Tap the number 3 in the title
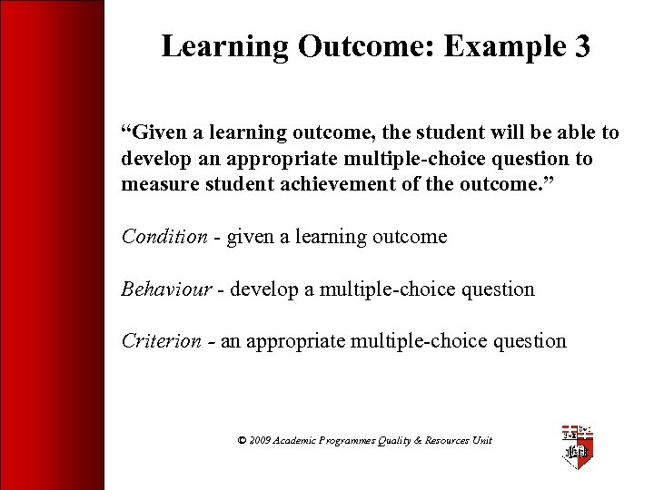point(582,47)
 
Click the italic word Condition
point(164,237)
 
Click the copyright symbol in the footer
point(242,440)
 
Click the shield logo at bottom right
point(577,445)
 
